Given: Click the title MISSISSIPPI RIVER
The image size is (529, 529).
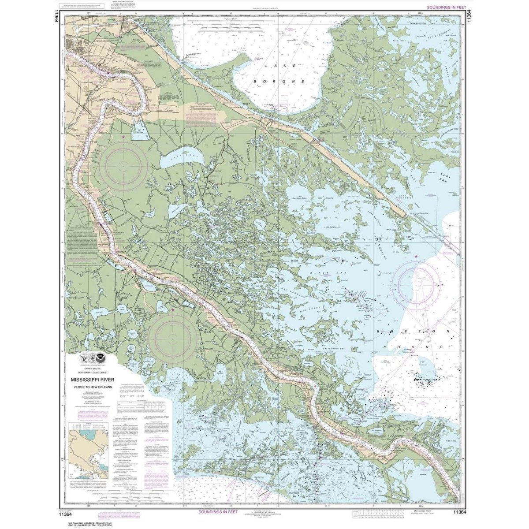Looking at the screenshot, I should click(x=90, y=379).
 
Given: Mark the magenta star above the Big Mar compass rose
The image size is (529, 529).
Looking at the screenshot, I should click(x=123, y=138).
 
